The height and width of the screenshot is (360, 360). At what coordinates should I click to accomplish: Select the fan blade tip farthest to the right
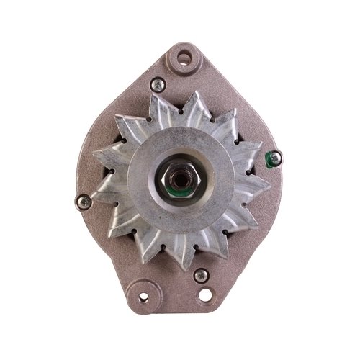(271, 189)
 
